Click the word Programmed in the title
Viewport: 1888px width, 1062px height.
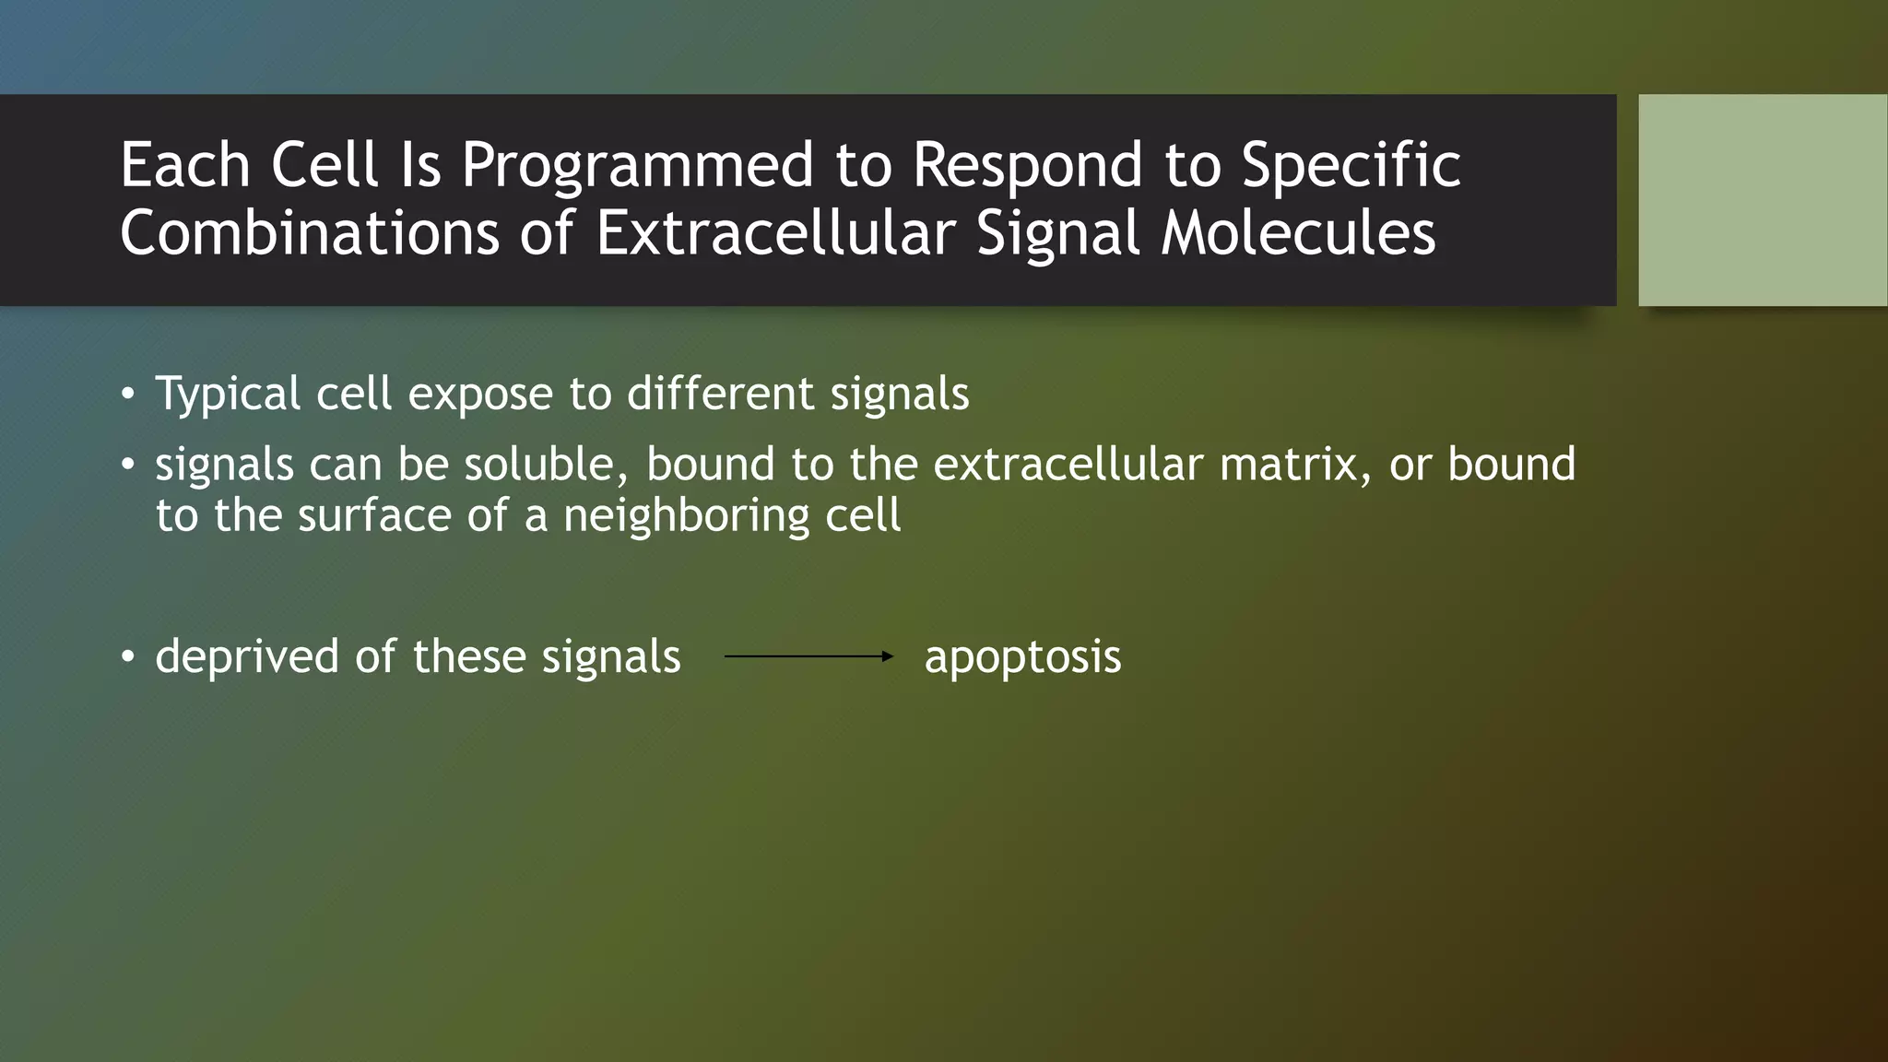pos(638,167)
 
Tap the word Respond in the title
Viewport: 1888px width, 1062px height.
pos(1028,167)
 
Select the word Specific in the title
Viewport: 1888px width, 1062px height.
pos(1351,167)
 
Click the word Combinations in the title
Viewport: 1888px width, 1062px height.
pos(309,233)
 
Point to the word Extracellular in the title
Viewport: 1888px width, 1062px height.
pos(774,233)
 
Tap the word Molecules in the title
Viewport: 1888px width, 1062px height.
pos(1298,233)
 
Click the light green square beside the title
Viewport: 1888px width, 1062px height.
pos(1762,200)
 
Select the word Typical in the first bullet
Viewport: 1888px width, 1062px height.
pos(228,395)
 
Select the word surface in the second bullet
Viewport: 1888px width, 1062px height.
pos(374,515)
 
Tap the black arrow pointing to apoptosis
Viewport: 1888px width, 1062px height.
pos(808,656)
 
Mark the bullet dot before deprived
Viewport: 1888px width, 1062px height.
pos(128,657)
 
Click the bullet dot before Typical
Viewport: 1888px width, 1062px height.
pos(128,395)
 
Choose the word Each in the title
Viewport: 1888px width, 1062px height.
pos(184,167)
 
